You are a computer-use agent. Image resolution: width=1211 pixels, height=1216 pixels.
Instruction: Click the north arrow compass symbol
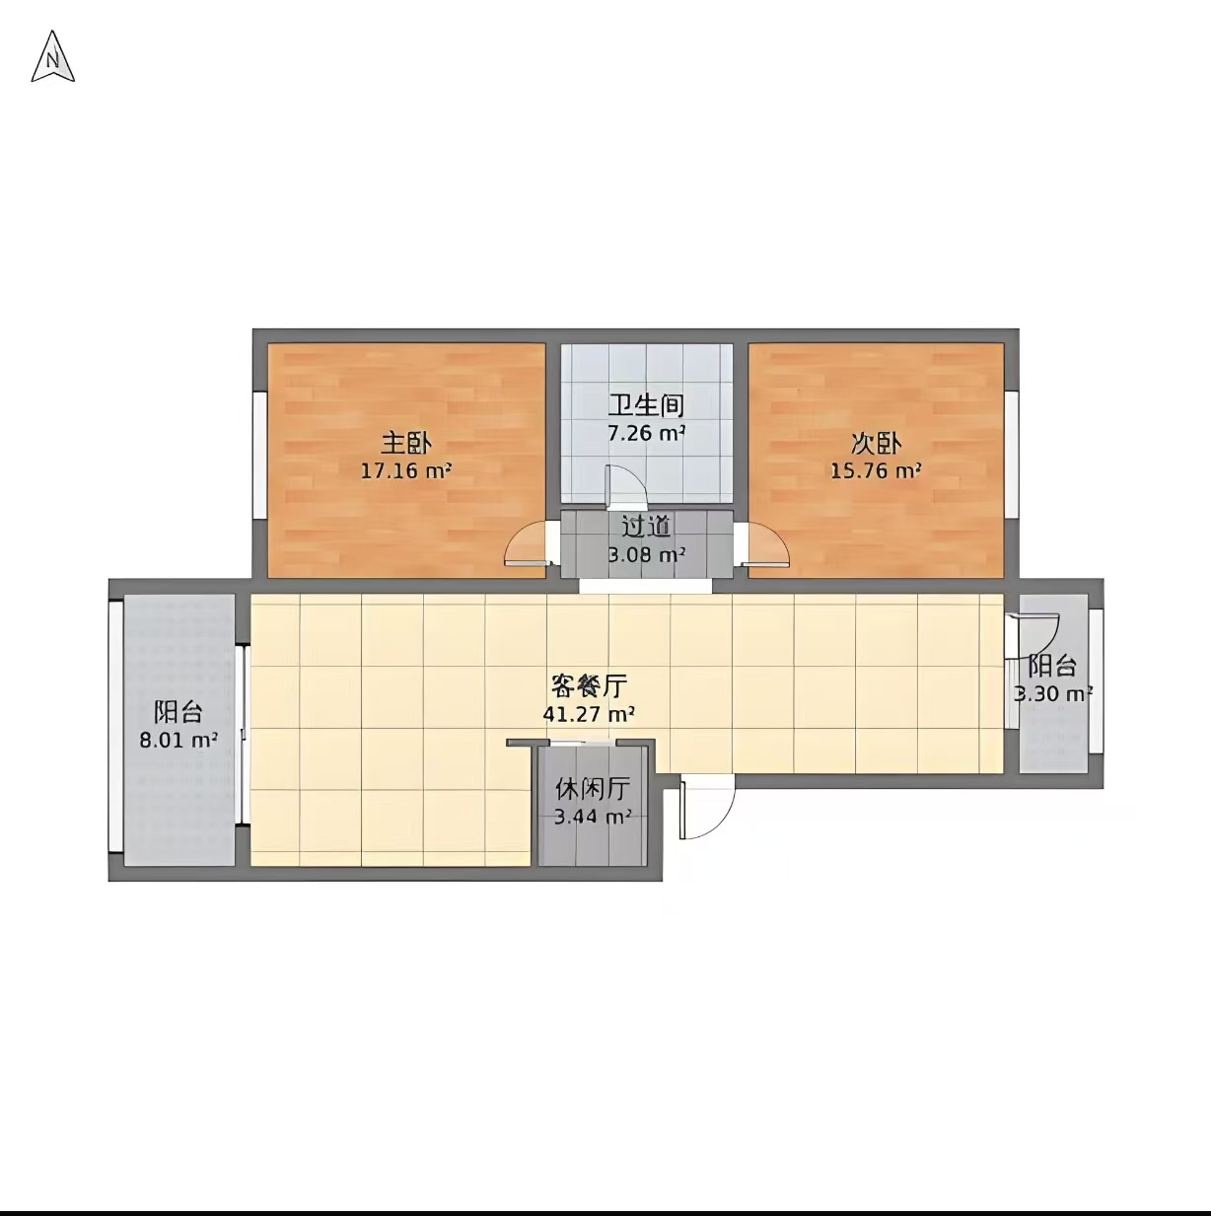point(52,57)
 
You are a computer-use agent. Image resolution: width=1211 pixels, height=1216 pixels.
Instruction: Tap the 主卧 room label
point(406,444)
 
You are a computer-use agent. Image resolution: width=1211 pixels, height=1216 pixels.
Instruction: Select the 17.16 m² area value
point(405,471)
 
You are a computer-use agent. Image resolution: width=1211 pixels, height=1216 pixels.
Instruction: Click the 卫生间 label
point(646,404)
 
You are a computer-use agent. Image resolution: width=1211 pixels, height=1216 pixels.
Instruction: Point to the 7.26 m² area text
point(646,432)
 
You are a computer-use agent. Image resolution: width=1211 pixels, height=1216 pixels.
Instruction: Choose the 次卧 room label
point(876,444)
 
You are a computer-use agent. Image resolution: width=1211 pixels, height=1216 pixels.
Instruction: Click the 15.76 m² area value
point(876,471)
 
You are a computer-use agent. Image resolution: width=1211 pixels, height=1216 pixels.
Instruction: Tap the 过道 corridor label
point(646,527)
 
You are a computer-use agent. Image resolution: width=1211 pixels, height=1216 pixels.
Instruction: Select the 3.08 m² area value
point(646,555)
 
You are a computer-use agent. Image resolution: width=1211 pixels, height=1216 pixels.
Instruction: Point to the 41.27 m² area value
point(589,714)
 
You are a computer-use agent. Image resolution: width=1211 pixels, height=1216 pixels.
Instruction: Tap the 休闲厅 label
point(593,789)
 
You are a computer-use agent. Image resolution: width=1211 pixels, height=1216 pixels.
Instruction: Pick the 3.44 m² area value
point(593,817)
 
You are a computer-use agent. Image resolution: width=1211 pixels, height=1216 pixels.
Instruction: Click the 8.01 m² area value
point(178,740)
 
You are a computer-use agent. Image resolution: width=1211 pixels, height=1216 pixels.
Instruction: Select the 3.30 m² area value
point(1052,694)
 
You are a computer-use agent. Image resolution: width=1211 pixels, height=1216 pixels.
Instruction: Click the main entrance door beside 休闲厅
point(705,807)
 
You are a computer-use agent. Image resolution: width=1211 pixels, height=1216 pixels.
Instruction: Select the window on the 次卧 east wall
point(1011,454)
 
